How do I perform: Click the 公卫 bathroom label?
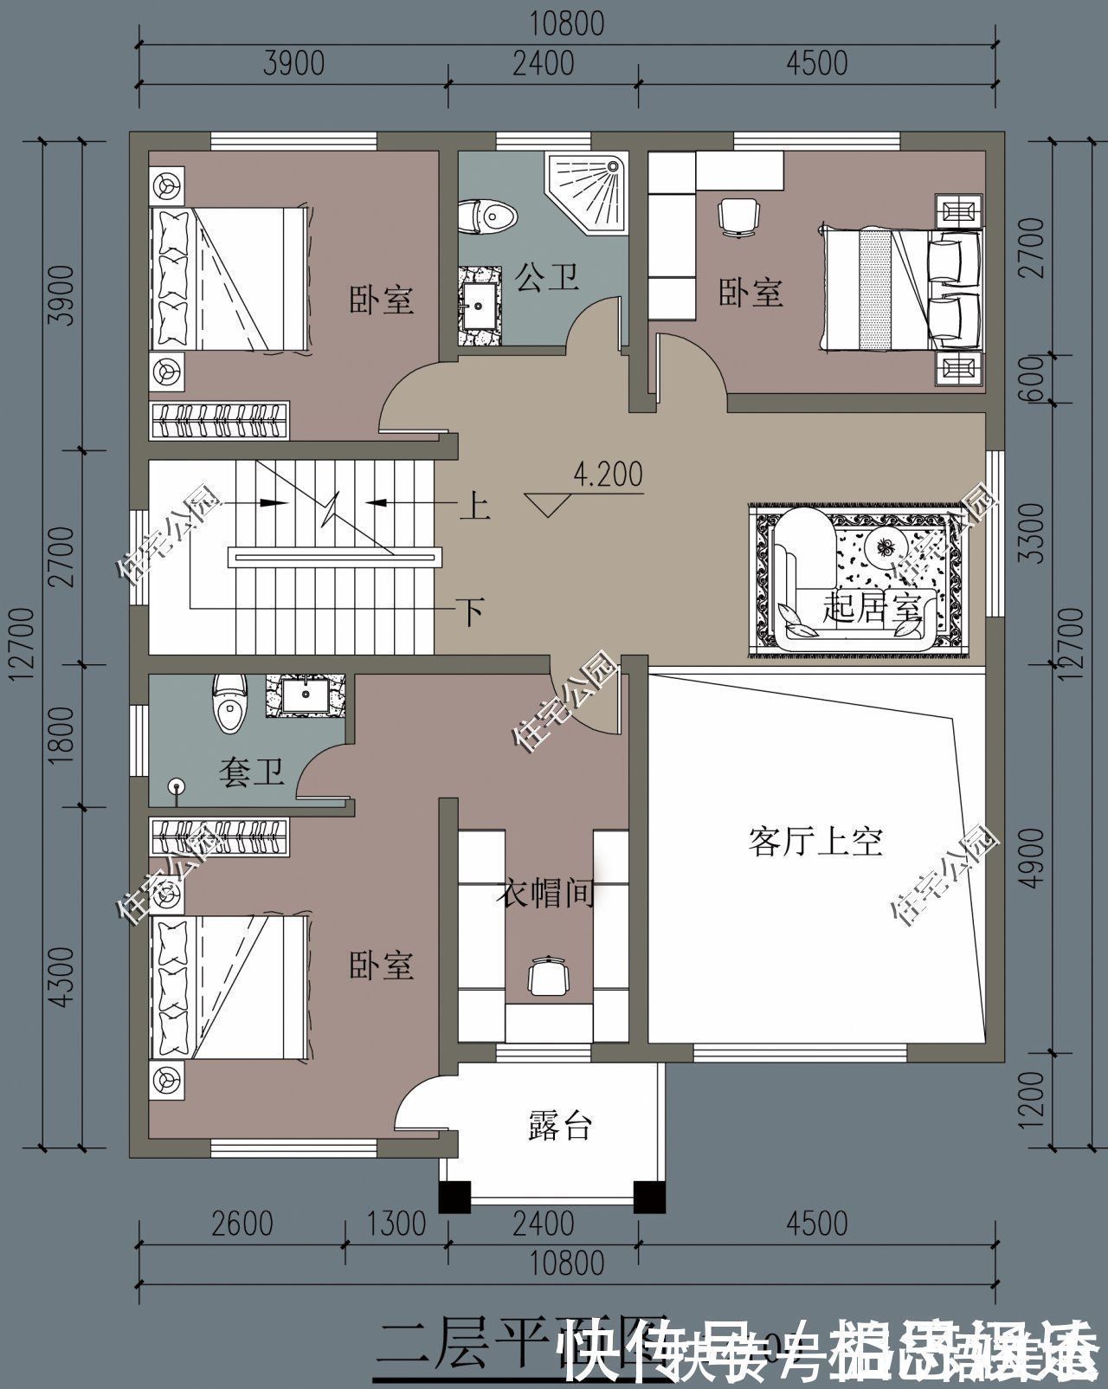tap(546, 278)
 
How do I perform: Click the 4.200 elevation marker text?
tap(608, 475)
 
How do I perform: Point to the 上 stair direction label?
tap(474, 506)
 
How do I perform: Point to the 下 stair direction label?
tap(471, 612)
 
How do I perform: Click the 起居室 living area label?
tap(871, 607)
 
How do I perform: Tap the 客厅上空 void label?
tap(815, 841)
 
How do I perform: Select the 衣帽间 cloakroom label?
tap(545, 893)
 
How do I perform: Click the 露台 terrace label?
tap(560, 1127)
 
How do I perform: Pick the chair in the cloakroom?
tap(547, 978)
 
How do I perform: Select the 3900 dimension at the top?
tap(294, 63)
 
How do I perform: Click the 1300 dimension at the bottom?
tap(396, 1224)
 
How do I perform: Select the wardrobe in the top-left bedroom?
tap(219, 420)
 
